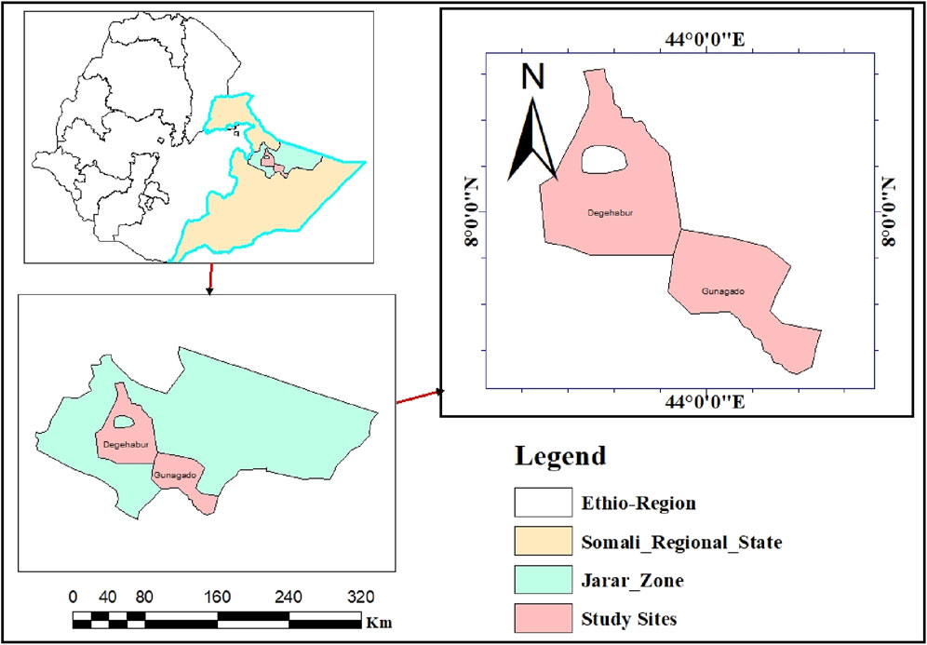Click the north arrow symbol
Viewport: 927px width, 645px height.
531,141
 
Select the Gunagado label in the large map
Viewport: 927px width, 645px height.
723,290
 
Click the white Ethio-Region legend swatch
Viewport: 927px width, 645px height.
543,503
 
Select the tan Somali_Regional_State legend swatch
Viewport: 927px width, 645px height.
543,542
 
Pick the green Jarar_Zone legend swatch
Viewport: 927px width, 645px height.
543,580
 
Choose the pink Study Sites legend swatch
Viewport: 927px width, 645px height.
543,618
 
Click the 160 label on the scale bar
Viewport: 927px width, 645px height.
217,597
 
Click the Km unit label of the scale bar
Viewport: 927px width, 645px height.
379,621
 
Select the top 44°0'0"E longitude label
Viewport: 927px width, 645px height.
706,39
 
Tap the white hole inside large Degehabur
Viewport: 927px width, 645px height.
604,160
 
